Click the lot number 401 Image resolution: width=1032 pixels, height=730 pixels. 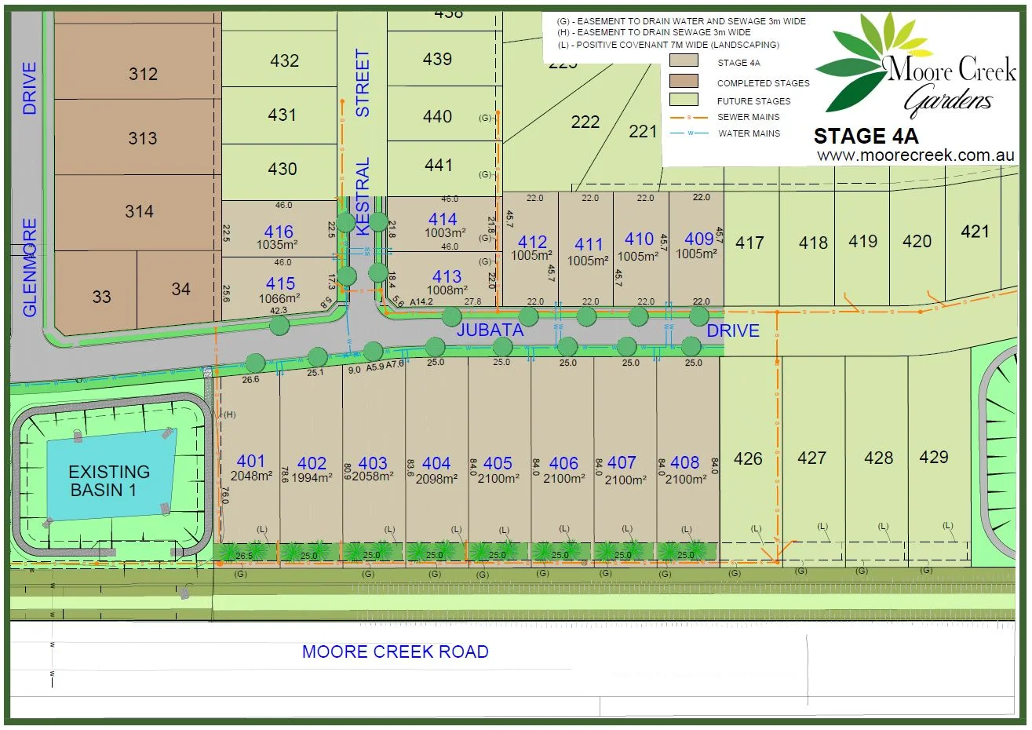pyautogui.click(x=251, y=462)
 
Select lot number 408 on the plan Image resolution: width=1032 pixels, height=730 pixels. pyautogui.click(x=685, y=463)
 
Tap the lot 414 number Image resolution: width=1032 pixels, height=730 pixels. pyautogui.click(x=443, y=220)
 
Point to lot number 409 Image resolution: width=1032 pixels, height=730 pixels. pyautogui.click(x=699, y=239)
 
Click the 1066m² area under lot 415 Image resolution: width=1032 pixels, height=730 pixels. pyautogui.click(x=279, y=298)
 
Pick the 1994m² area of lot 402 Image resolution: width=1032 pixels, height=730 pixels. pyautogui.click(x=312, y=478)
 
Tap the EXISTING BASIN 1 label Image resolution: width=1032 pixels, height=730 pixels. pyautogui.click(x=108, y=480)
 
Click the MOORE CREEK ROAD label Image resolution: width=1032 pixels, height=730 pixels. pyautogui.click(x=396, y=652)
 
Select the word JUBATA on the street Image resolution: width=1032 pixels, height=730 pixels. pyautogui.click(x=490, y=330)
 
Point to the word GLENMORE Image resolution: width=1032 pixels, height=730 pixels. pyautogui.click(x=30, y=268)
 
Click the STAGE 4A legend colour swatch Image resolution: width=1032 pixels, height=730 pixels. pyautogui.click(x=684, y=61)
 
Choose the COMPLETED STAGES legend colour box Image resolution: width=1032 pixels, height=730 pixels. pyautogui.click(x=684, y=80)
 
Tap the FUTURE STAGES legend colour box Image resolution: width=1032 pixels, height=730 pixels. pyautogui.click(x=684, y=100)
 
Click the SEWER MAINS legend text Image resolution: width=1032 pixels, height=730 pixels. pyautogui.click(x=748, y=117)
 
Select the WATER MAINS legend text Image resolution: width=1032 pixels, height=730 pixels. pyautogui.click(x=749, y=133)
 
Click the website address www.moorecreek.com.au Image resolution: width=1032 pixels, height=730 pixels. pyautogui.click(x=916, y=155)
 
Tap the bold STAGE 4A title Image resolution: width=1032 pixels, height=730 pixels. pyautogui.click(x=866, y=136)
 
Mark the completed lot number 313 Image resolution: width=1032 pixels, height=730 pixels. pyautogui.click(x=143, y=138)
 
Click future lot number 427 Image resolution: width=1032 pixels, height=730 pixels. pyautogui.click(x=811, y=458)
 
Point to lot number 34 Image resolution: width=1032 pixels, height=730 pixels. pyautogui.click(x=181, y=289)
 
